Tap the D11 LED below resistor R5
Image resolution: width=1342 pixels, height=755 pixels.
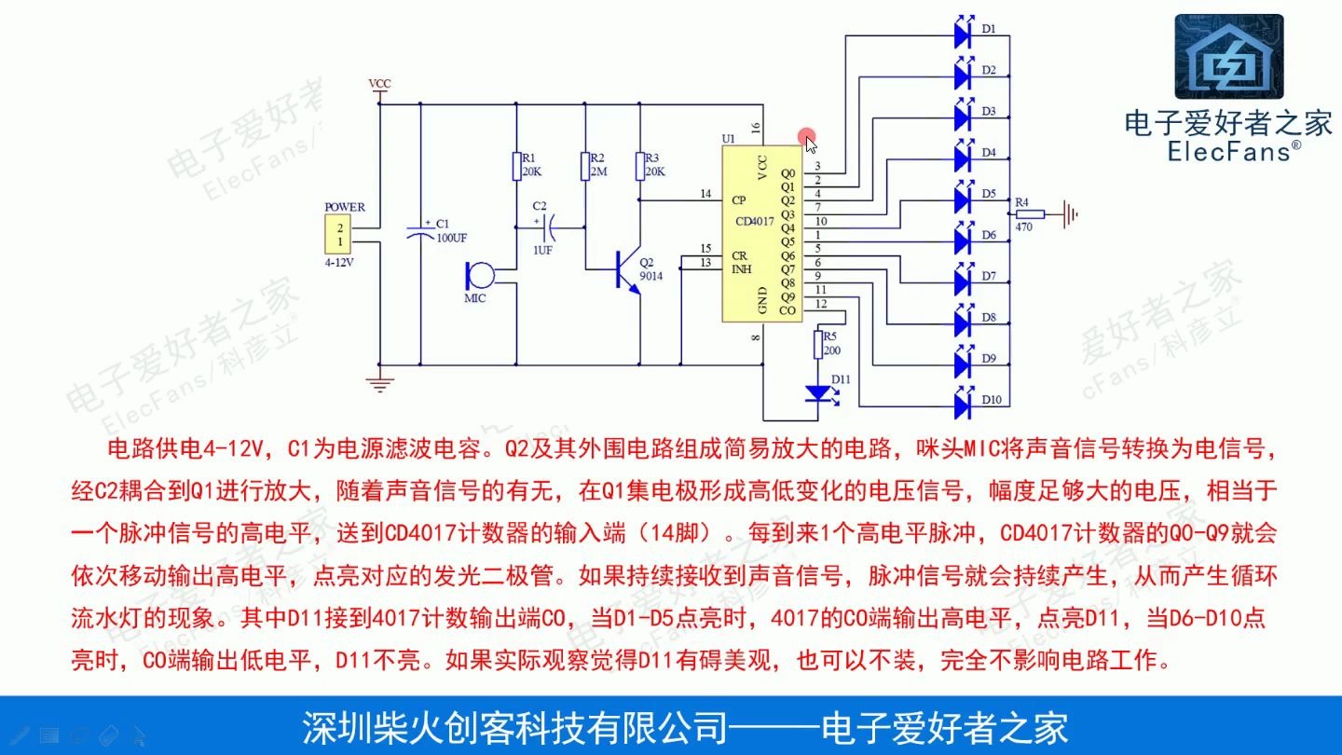click(820, 393)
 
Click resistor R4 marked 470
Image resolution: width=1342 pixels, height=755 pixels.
click(1023, 214)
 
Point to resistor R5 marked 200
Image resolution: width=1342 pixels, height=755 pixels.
click(818, 343)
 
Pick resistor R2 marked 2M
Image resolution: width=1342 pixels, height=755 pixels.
click(585, 166)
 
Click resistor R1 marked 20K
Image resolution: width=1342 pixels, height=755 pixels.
click(515, 166)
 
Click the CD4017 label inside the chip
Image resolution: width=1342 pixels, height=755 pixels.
click(754, 221)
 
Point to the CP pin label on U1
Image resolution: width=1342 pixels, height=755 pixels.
click(738, 199)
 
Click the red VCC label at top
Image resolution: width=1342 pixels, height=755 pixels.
click(380, 84)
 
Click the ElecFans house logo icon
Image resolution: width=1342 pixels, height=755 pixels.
click(1227, 58)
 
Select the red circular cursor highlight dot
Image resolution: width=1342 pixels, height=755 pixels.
click(806, 136)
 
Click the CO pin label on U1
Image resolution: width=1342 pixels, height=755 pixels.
click(787, 310)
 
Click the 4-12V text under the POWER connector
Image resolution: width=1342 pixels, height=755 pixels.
click(339, 263)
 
